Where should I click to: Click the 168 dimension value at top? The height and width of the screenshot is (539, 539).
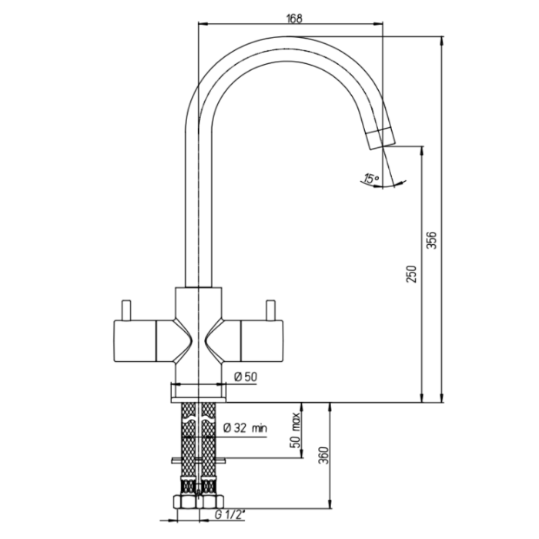click(294, 18)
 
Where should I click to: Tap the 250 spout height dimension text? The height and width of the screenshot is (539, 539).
click(411, 274)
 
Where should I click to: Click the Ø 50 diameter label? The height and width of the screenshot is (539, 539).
click(246, 377)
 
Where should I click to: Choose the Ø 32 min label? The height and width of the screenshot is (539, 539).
click(245, 428)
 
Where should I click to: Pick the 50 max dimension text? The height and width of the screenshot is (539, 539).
click(295, 430)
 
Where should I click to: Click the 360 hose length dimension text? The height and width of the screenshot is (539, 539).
click(323, 455)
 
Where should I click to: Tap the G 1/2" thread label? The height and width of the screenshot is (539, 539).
click(229, 514)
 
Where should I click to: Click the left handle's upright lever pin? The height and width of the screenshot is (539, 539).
click(126, 310)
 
